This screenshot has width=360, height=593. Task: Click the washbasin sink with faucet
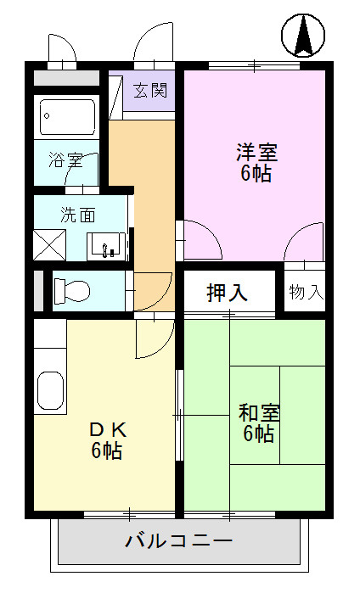coord(107,246)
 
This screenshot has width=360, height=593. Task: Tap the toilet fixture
coord(72,291)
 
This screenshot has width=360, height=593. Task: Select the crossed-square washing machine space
coord(49,245)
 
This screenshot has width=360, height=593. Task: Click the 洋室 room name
coord(256,154)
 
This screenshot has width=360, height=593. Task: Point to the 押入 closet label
coord(228,293)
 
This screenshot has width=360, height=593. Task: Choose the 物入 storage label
coord(306,293)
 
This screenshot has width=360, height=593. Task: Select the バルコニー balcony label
coord(178,540)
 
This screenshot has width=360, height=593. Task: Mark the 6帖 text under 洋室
coord(256,175)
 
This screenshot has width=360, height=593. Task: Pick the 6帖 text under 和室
coord(259,434)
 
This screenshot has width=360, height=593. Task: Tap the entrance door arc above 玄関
coord(153,42)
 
